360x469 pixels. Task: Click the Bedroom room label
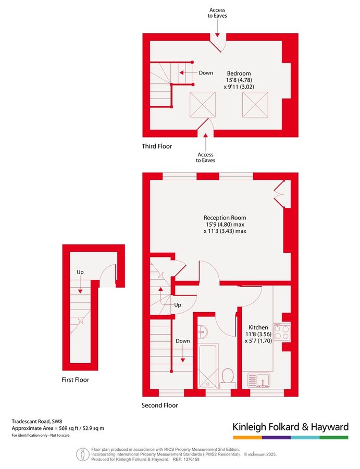coord(239,73)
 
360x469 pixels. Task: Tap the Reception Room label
coord(225,217)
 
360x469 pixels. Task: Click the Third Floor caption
coord(157,146)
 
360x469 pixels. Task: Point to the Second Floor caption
coord(160,405)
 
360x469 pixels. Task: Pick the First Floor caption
coord(76,380)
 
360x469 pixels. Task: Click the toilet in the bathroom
coord(227,375)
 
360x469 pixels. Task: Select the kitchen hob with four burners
coord(283,331)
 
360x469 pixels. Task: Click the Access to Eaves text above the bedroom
coord(218,13)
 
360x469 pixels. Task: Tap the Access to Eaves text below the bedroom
coord(206,157)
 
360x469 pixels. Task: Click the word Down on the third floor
coord(206,73)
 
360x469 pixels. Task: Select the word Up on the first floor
coord(80,272)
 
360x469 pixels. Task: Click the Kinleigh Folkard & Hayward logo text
coord(290,427)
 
